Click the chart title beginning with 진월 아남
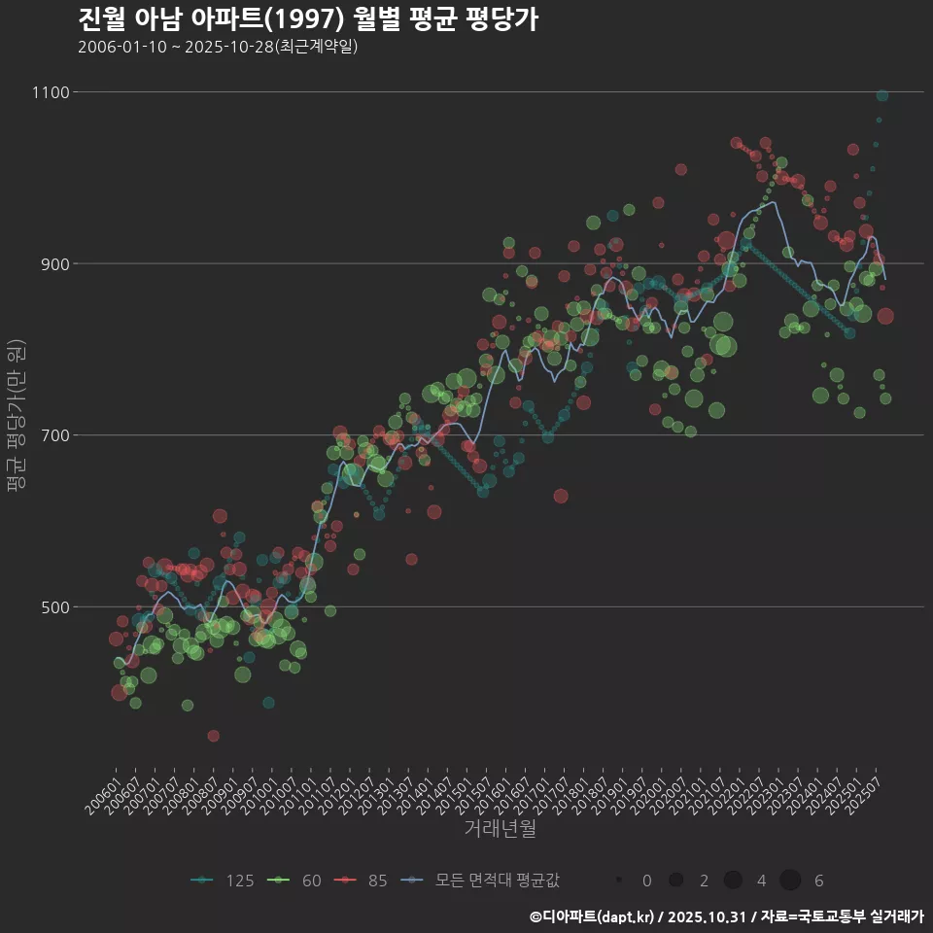[x=307, y=19]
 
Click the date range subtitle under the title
[x=218, y=47]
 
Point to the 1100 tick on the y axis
[x=50, y=92]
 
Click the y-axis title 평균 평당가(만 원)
[x=16, y=418]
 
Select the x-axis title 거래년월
[x=500, y=828]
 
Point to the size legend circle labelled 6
[x=790, y=881]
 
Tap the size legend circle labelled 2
[x=675, y=881]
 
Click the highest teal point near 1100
[x=881, y=95]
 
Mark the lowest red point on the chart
[x=213, y=736]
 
